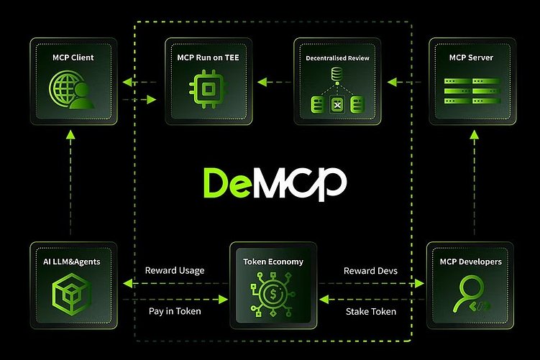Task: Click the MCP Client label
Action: (73, 57)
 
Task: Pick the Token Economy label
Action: (272, 263)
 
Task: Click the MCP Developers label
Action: (470, 262)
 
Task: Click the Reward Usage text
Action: (175, 271)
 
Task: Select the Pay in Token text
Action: (175, 310)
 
